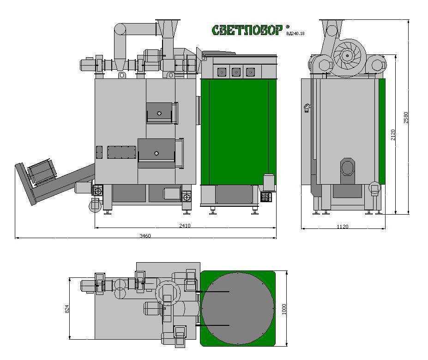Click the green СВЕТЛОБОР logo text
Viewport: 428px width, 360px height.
(x=247, y=30)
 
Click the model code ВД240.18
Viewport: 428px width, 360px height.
(x=295, y=34)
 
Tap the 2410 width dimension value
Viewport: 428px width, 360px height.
(x=185, y=226)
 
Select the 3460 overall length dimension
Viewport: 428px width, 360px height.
(x=145, y=236)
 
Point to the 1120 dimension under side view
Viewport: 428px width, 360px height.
(x=343, y=227)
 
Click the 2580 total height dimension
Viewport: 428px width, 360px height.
(x=406, y=117)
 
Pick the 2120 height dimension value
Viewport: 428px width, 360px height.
(x=393, y=135)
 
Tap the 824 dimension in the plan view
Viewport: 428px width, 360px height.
(x=67, y=309)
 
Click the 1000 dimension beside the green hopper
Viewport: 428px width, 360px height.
(x=284, y=309)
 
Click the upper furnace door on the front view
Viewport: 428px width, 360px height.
(x=161, y=113)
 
